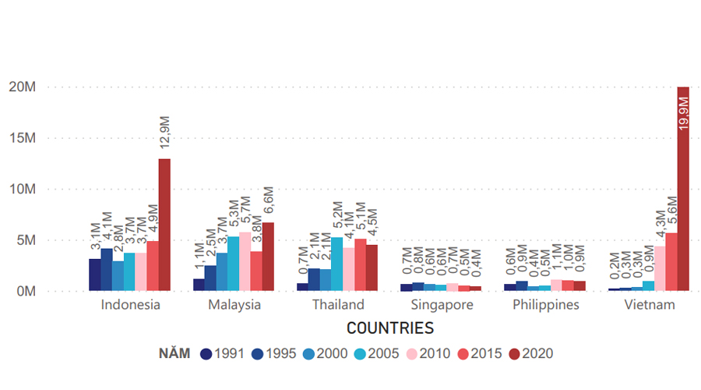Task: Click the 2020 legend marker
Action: click(516, 353)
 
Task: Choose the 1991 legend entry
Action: click(206, 353)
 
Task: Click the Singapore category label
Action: click(442, 305)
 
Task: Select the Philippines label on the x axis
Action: click(546, 305)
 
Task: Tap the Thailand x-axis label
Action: click(337, 305)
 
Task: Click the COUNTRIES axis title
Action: click(389, 328)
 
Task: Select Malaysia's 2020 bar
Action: click(268, 257)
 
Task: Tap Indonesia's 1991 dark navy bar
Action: click(94, 275)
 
